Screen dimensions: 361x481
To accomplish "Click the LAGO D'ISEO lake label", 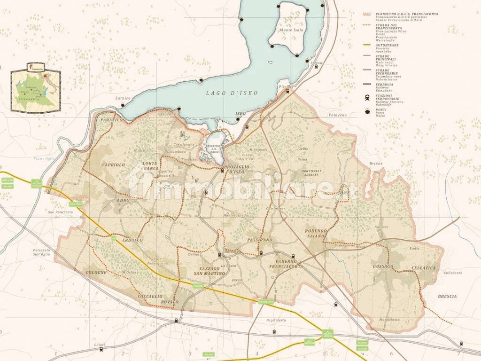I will pos(232,93).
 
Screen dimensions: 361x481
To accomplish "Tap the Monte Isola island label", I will pos(291,30).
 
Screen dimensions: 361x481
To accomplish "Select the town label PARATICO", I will pos(112,120).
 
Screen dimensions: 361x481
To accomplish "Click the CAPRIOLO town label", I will pos(114,165).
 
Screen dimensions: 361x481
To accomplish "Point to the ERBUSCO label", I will pos(132,240).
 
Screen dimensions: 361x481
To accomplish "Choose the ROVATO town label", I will pos(169,301).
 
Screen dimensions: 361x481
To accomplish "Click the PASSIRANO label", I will pos(259,240).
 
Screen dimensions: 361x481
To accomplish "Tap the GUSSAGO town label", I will pos(382,267).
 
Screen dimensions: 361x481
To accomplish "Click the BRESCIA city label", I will pos(447,297).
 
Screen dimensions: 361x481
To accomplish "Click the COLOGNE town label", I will pos(96,272).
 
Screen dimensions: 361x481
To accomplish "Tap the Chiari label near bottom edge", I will pos(99,345).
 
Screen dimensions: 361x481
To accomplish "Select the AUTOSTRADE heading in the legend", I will pos(387,45).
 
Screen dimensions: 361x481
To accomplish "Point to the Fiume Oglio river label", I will pos(44,158).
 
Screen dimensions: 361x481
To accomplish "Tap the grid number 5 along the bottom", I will pos(324,353).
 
